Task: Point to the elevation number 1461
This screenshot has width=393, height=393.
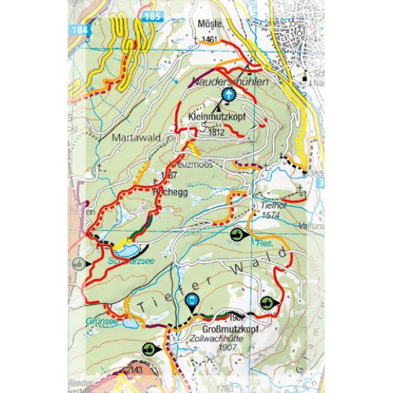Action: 209,38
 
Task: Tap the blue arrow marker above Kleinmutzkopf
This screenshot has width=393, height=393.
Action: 228,94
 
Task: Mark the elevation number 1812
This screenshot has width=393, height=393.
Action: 216,132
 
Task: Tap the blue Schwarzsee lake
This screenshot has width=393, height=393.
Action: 127,251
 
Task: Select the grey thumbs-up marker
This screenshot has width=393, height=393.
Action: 78,263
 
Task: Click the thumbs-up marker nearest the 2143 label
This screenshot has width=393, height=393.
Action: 149,351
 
